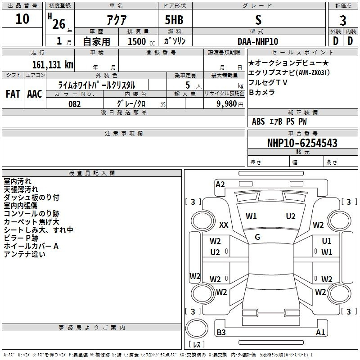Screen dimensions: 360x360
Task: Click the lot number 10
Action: pos(22,19)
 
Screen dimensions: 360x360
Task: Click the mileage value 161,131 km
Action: pos(53,65)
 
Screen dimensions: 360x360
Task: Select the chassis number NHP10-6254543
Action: pos(302,143)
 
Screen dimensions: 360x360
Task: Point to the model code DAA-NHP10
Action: pos(258,41)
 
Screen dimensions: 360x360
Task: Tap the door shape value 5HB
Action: pos(174,20)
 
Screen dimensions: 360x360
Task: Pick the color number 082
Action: pos(75,104)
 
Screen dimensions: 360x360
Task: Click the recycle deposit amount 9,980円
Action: pos(229,104)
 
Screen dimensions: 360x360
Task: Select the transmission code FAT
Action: pos(13,94)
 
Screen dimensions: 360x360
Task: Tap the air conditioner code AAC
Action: pos(35,94)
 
